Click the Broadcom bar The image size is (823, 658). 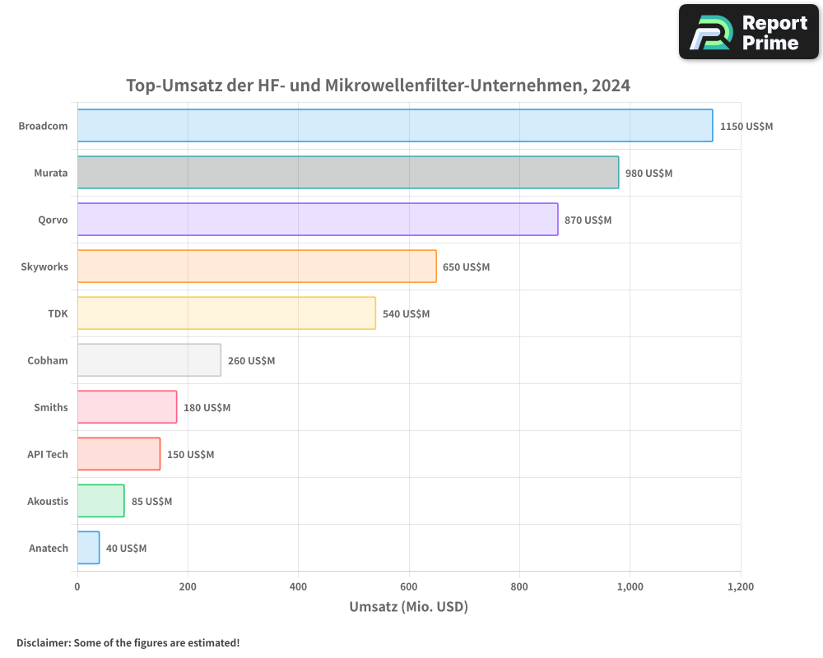click(395, 126)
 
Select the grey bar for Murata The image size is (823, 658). click(348, 173)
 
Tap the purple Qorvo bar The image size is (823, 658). click(318, 220)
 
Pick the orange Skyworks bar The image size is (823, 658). click(257, 266)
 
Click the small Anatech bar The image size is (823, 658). click(89, 548)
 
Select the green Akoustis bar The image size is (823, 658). click(101, 501)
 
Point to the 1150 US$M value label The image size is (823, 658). click(746, 127)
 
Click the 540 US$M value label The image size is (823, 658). click(406, 314)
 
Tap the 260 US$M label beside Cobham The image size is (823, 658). click(251, 361)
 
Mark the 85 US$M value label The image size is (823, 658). click(151, 502)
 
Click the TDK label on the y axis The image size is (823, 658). click(58, 313)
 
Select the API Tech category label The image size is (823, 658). click(48, 454)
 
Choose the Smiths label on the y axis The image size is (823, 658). click(51, 407)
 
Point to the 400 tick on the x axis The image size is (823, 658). click(298, 587)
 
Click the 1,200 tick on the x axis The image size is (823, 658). click(740, 587)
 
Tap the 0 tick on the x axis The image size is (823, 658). click(77, 587)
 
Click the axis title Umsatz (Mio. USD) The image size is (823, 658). click(408, 607)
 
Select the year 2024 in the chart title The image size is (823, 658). click(608, 85)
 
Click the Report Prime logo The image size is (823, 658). click(748, 32)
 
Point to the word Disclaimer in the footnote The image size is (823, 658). click(43, 643)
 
